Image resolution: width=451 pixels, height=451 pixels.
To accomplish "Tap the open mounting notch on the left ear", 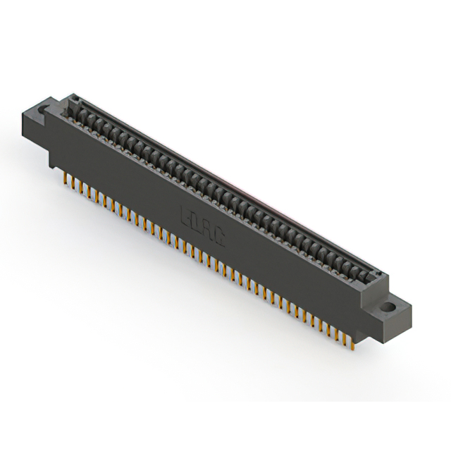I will point(44,110).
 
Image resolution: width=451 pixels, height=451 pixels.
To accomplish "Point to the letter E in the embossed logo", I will point(188,218).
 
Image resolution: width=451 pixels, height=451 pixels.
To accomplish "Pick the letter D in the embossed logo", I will point(198,225).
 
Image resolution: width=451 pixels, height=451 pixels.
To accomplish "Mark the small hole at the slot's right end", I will point(376,277).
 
